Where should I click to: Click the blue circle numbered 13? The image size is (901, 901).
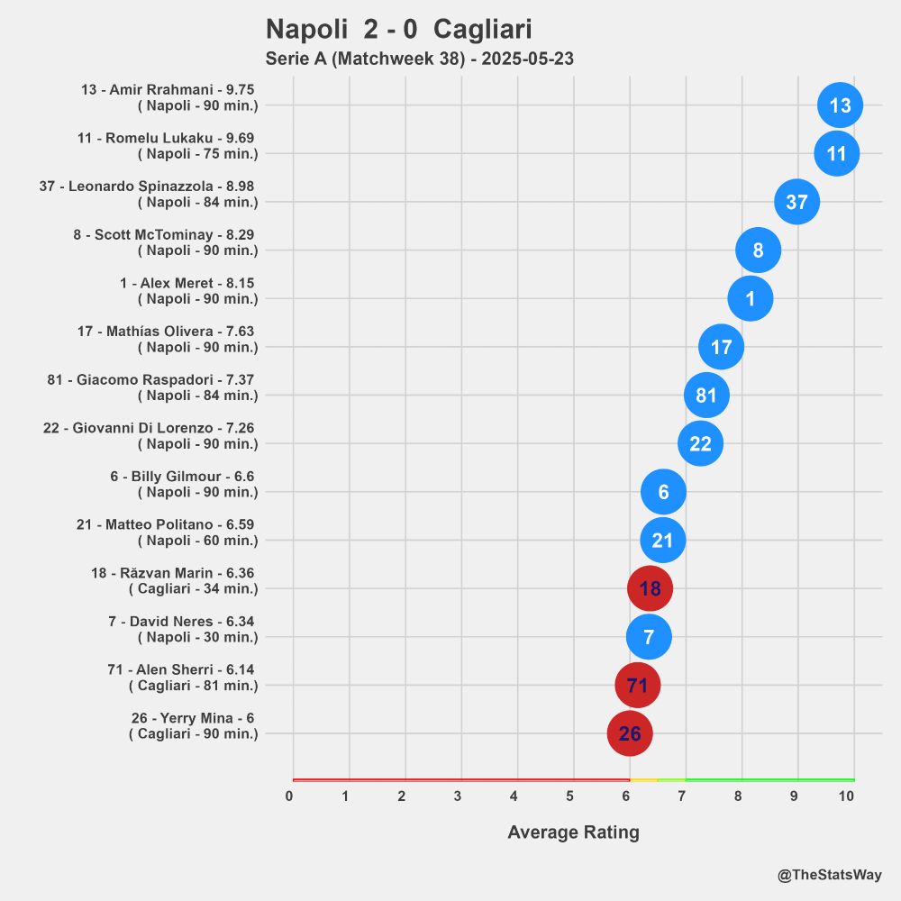(840, 105)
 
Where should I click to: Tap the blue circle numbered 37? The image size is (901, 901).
(796, 202)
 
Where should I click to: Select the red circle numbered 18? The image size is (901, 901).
(650, 589)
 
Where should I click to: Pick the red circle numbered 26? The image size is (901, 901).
(630, 733)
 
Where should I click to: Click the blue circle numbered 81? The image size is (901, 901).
(706, 395)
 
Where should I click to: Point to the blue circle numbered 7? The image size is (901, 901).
(649, 637)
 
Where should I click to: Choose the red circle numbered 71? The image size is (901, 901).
(637, 686)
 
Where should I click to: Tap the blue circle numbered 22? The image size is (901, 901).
(700, 443)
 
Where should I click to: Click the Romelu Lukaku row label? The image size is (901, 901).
(167, 146)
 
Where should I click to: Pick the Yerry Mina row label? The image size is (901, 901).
(193, 725)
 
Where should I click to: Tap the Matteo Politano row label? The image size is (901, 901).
(167, 532)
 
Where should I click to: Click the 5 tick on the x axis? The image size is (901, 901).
(570, 796)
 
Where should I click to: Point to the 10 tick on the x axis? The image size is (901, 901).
(846, 796)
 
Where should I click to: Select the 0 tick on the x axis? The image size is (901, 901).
(289, 796)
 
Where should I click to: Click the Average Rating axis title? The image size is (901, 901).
(573, 833)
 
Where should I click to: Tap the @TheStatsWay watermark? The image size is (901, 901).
(830, 875)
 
